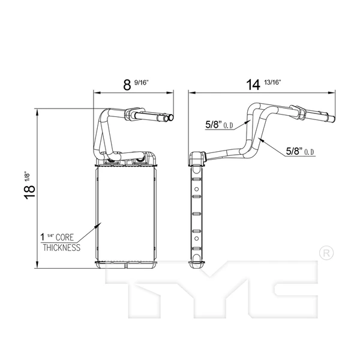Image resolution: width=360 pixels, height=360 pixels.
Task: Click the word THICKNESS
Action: coord(61,247)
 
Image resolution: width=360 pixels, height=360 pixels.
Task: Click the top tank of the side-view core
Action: coord(196,158)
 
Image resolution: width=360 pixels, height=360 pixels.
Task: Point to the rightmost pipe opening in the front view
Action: coord(172,118)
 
